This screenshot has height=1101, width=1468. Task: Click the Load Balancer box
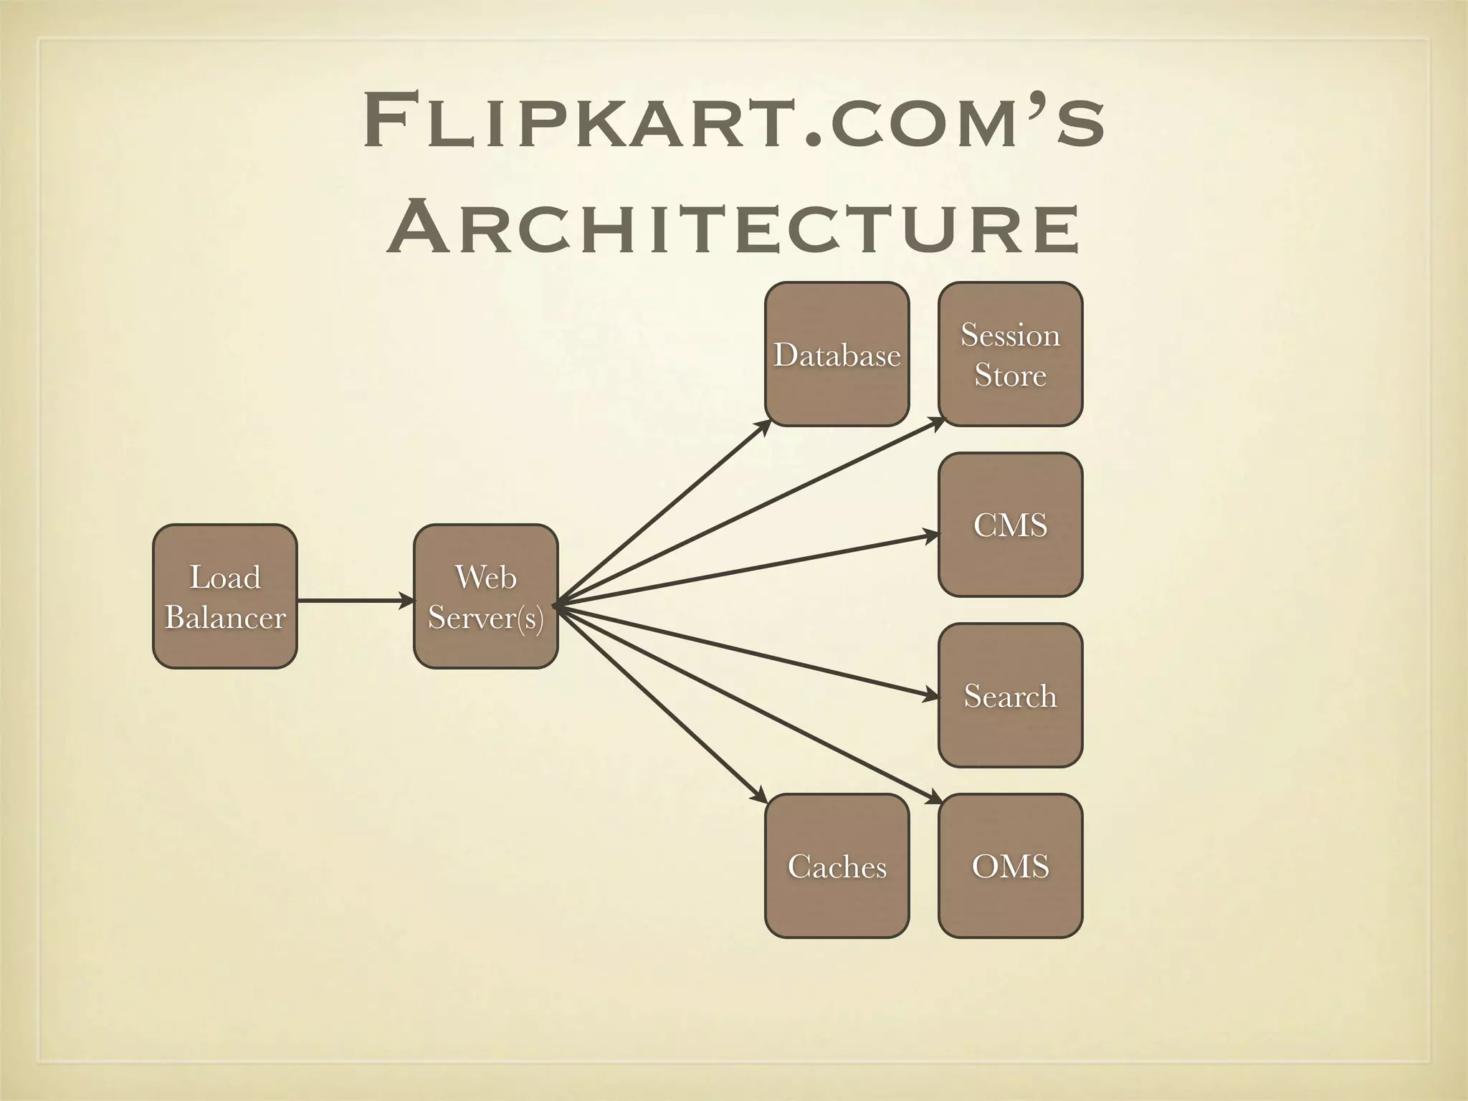click(x=224, y=596)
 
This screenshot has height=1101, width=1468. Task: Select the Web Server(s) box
click(x=485, y=596)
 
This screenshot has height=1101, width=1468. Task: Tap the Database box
click(x=837, y=354)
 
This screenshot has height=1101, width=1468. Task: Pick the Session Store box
click(x=1010, y=354)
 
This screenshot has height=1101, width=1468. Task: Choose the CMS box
click(x=1010, y=524)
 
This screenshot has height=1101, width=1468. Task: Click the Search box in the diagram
click(x=1010, y=695)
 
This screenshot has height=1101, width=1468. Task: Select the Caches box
click(x=837, y=866)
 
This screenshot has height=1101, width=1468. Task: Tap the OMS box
click(x=1010, y=866)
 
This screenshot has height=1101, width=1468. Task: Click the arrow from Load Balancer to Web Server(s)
click(x=355, y=600)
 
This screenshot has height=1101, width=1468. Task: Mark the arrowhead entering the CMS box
click(x=932, y=535)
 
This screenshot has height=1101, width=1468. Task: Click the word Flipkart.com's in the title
click(x=734, y=123)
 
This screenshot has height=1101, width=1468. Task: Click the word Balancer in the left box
click(x=224, y=617)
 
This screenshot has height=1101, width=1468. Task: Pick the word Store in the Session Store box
click(x=1010, y=375)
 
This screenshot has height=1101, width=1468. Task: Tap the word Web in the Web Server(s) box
click(x=485, y=577)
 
